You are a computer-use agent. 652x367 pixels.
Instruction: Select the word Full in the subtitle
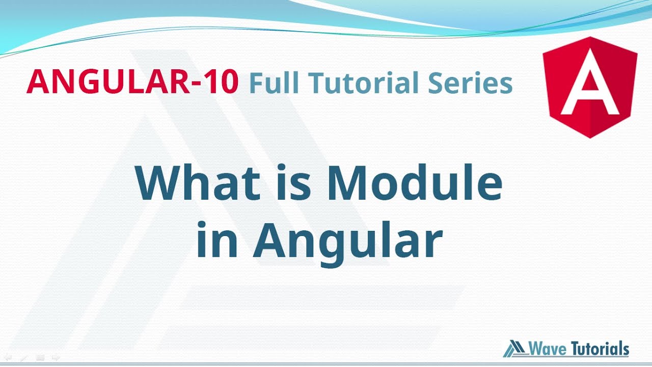[273, 83]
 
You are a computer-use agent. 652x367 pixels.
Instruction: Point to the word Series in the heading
[470, 83]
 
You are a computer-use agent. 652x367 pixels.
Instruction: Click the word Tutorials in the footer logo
[600, 349]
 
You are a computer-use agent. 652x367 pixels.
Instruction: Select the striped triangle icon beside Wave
[514, 349]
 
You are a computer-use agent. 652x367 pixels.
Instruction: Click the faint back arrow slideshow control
[8, 358]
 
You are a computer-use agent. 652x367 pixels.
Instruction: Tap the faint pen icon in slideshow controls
[23, 358]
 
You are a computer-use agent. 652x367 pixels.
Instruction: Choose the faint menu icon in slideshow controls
[40, 358]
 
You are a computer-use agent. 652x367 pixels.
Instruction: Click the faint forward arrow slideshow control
[56, 358]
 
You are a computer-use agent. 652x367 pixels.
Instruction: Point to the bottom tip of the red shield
[590, 137]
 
